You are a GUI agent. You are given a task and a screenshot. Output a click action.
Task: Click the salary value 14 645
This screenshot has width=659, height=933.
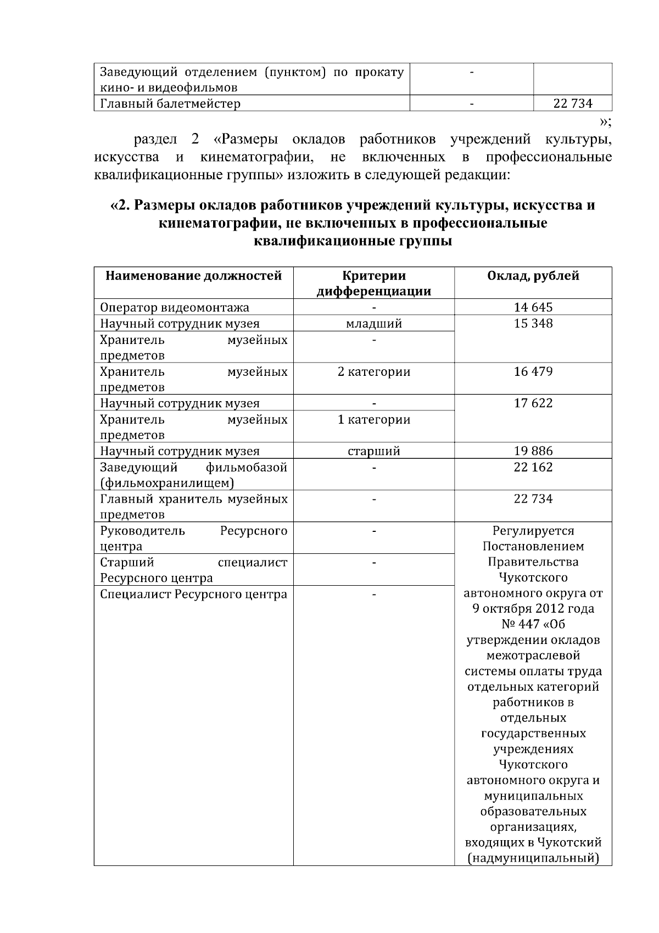[x=533, y=308]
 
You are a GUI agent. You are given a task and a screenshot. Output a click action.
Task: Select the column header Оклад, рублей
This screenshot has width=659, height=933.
[x=533, y=276]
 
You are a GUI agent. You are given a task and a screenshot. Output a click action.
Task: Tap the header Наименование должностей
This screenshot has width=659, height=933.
[x=193, y=276]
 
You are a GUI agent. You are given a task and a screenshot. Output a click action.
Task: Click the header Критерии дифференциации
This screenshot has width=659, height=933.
[x=373, y=284]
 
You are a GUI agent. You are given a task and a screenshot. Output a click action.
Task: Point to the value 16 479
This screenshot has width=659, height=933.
[x=533, y=372]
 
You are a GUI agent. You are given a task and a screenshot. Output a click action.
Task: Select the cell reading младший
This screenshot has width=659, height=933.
[x=373, y=324]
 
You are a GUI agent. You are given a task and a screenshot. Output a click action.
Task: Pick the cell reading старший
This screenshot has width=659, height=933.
[x=373, y=451]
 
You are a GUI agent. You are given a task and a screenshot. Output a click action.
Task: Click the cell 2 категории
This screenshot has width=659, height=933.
[x=373, y=372]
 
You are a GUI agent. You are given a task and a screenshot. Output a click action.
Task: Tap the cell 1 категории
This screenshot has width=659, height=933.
[x=373, y=420]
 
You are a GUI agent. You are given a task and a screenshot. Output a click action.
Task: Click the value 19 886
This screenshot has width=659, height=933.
[x=533, y=451]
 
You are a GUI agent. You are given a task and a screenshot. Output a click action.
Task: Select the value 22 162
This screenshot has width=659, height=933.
[x=533, y=467]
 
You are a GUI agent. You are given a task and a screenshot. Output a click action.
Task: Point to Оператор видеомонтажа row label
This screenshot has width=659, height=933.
[x=174, y=308]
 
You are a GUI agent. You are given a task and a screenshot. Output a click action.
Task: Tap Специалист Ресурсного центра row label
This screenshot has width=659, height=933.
[x=193, y=595]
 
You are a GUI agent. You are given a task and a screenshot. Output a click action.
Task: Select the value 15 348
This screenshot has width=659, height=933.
[x=533, y=324]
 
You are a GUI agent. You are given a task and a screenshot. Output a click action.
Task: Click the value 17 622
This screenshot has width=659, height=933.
[x=533, y=403]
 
